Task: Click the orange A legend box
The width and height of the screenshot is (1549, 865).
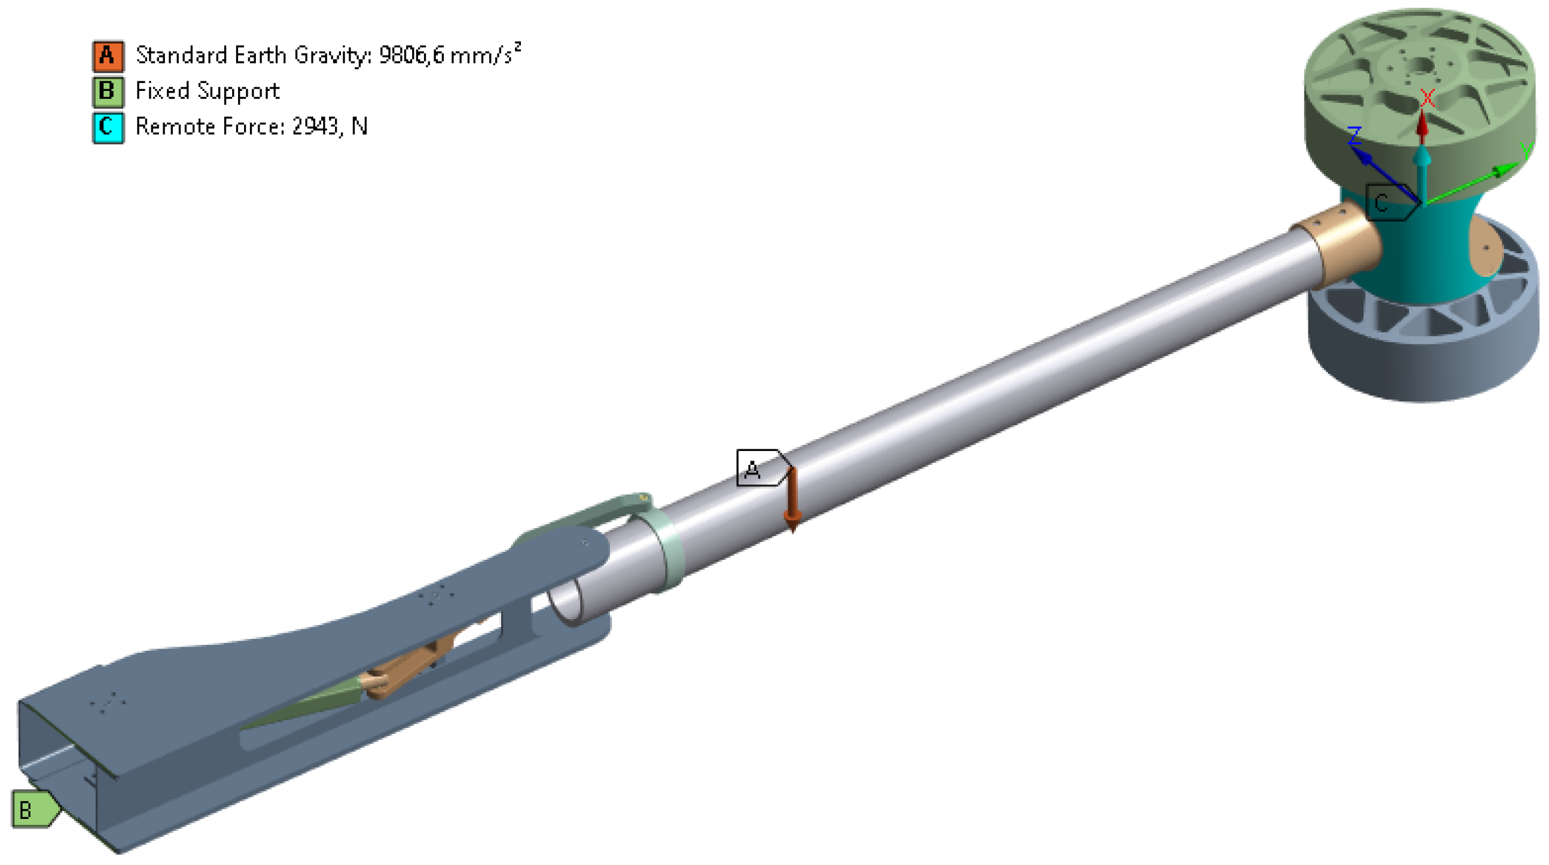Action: [108, 56]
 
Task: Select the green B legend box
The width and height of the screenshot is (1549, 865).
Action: [108, 92]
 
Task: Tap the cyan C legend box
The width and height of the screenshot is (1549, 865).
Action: [108, 127]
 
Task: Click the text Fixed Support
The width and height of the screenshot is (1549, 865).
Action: [207, 92]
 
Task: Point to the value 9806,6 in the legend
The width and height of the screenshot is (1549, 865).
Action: [411, 56]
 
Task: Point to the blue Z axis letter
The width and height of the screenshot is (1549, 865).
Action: [1355, 135]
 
